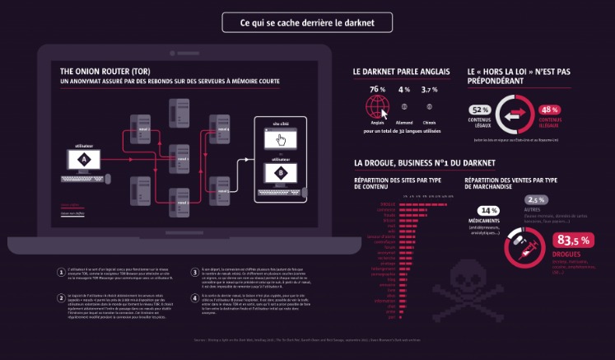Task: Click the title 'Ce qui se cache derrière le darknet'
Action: [307, 22]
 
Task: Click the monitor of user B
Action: [280, 174]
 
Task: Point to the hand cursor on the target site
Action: [280, 139]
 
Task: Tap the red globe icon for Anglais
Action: [378, 105]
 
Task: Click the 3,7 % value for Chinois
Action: [430, 89]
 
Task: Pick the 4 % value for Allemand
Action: [404, 89]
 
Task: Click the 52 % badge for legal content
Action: [480, 110]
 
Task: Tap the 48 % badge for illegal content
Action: [549, 110]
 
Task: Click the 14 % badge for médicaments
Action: [489, 211]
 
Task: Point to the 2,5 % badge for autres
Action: [536, 200]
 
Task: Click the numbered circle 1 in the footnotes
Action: [61, 272]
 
